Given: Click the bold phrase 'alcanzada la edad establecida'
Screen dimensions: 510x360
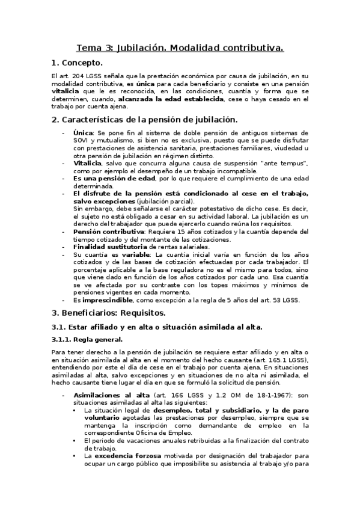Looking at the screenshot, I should click(x=171, y=99).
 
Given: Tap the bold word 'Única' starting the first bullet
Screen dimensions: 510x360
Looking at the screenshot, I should click(x=83, y=133).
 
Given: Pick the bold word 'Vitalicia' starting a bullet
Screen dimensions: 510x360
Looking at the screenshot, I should click(x=88, y=163).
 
